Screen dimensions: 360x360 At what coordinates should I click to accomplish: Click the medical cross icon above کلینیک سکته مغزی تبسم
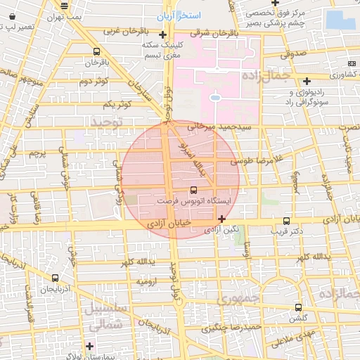163,34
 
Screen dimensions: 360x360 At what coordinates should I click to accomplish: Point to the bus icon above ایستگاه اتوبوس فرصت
193,190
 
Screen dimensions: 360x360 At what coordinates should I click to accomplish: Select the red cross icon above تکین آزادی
222,219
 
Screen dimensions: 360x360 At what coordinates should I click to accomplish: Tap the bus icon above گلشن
298,307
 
